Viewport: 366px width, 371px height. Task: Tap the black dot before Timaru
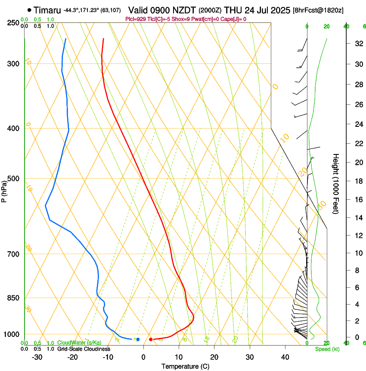click(29, 9)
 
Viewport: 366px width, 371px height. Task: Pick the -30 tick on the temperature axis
click(37, 357)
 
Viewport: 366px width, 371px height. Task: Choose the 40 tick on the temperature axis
click(285, 357)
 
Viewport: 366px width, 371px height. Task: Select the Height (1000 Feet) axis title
click(336, 183)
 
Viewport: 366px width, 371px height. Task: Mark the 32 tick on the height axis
click(358, 44)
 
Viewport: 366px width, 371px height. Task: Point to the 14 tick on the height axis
click(358, 218)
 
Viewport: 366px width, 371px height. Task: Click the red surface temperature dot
click(151, 340)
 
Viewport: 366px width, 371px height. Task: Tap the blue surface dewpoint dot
click(138, 340)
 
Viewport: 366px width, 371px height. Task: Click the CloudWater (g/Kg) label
click(79, 343)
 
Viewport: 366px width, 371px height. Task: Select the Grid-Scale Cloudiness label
click(84, 349)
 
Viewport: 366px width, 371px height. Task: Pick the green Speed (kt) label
click(327, 349)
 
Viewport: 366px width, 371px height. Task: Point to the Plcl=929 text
click(135, 19)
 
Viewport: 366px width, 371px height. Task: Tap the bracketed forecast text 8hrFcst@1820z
click(318, 10)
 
